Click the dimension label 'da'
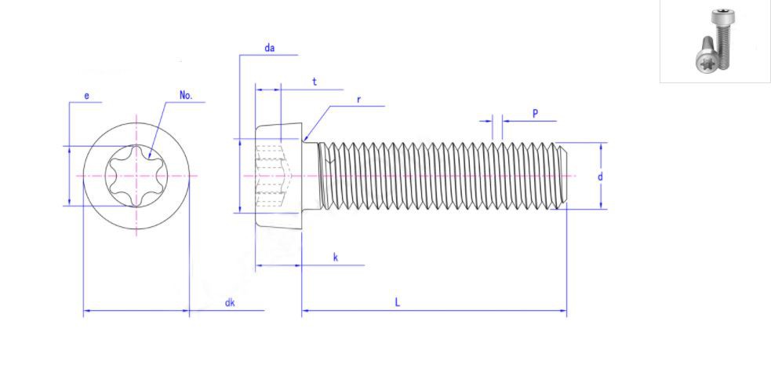[269, 48]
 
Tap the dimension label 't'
[314, 82]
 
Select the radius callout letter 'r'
[358, 100]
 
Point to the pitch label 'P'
[535, 113]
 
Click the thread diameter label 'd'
[600, 177]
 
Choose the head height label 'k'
[335, 258]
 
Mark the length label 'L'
[398, 302]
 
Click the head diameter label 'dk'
[230, 302]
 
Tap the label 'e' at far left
[86, 96]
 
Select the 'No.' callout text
[186, 95]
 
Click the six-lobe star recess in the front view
[136, 176]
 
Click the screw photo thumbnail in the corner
[715, 41]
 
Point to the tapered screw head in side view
[278, 176]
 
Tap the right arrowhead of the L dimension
[564, 311]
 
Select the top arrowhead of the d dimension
[602, 145]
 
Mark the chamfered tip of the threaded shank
[561, 176]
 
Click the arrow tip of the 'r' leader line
[307, 139]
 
